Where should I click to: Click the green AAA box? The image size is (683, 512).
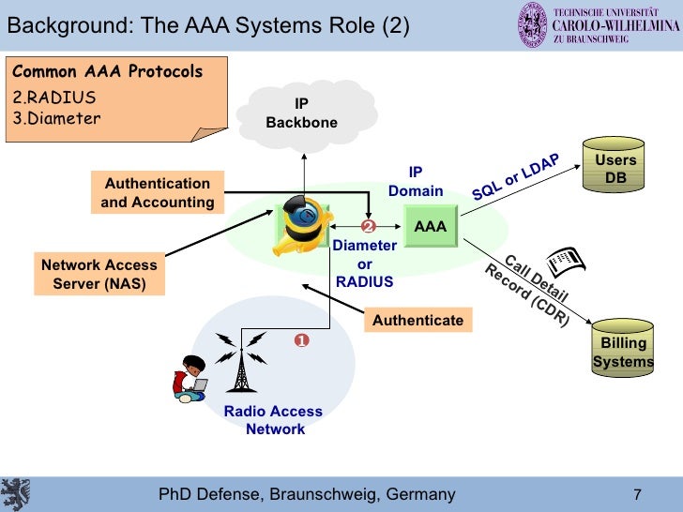(x=431, y=227)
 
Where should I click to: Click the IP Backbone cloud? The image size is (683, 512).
(x=302, y=113)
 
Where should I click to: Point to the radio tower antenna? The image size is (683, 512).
(x=241, y=363)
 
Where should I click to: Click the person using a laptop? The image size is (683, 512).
(x=190, y=378)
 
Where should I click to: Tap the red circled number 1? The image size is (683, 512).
(x=302, y=340)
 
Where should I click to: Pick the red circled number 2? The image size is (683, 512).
(x=368, y=227)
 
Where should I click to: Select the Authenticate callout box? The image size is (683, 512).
(x=417, y=321)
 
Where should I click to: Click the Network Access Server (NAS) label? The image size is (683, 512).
(x=99, y=274)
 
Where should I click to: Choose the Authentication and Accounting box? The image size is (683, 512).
(x=158, y=192)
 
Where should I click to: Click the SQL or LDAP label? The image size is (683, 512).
(x=515, y=175)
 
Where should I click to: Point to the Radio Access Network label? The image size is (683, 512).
(x=273, y=420)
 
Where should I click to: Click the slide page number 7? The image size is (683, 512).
(x=637, y=494)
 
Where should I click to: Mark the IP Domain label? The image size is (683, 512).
(x=416, y=182)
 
